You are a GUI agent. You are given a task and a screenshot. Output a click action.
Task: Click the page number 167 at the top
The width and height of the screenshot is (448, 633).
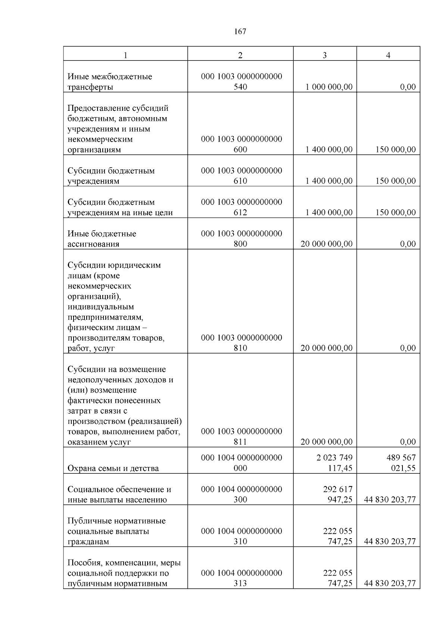pos(240,32)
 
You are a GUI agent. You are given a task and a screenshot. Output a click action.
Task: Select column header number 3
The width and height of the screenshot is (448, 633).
pos(324,55)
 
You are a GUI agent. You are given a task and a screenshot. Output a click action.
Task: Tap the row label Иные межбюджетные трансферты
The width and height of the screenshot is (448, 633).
pos(110,82)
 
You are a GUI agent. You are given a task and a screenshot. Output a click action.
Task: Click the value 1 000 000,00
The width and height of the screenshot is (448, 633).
pos(329,87)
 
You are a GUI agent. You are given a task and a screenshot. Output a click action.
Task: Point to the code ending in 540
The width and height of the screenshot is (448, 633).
pos(241,82)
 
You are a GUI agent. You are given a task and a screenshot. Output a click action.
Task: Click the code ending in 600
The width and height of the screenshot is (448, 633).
pos(241,144)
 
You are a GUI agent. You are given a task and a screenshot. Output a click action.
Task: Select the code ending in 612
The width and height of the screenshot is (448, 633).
pos(241,207)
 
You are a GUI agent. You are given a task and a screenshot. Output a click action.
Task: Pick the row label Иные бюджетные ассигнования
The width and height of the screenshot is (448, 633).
pos(102,239)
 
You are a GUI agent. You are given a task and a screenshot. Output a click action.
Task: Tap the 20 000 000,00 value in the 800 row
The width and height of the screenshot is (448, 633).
pos(326,244)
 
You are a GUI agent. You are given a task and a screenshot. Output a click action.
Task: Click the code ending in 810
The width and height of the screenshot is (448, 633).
pos(241,343)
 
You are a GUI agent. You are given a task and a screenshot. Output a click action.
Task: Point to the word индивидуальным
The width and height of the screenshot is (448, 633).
pos(101,307)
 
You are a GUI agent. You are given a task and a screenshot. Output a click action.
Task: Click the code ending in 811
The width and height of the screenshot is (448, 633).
pos(241,436)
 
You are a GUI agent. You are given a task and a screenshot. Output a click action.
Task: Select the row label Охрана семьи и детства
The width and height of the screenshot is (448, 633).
pos(113,468)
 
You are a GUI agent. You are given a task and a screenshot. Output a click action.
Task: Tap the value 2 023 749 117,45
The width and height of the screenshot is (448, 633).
pos(335,463)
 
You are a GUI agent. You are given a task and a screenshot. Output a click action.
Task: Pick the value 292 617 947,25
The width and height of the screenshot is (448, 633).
pos(337,494)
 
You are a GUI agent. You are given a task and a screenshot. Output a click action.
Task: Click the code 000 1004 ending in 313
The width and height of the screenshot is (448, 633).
pos(241,578)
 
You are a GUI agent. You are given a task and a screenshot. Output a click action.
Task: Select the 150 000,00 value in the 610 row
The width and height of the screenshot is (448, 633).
pos(395,181)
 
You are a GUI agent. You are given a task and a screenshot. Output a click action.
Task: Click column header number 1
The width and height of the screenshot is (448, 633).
pos(125,55)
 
